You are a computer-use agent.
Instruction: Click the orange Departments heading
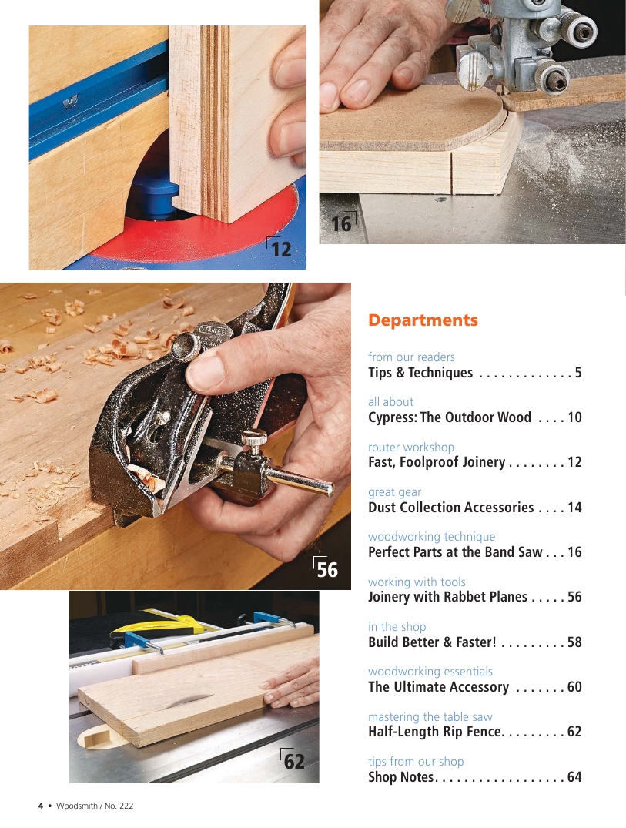pos(423,320)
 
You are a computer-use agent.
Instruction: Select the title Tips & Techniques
pos(420,373)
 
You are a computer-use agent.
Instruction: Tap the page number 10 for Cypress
pos(574,417)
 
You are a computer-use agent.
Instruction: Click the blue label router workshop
pos(410,448)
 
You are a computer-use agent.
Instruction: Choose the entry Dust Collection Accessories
pos(450,508)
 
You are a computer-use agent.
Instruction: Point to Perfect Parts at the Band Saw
pos(455,552)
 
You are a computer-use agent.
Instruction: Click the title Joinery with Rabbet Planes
pos(447,597)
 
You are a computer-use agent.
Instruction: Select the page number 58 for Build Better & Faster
pos(574,642)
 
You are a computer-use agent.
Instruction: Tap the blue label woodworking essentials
pos(430,671)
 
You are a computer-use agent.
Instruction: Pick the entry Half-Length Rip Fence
pos(435,732)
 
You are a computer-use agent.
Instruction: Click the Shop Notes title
pos(401,776)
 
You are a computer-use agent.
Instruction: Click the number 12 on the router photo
pos(280,249)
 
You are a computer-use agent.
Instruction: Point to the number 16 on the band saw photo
pos(341,224)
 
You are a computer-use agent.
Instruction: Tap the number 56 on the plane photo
pos(326,570)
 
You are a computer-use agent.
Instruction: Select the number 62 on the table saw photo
pos(294,762)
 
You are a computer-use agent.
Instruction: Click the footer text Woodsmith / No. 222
pos(95,806)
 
